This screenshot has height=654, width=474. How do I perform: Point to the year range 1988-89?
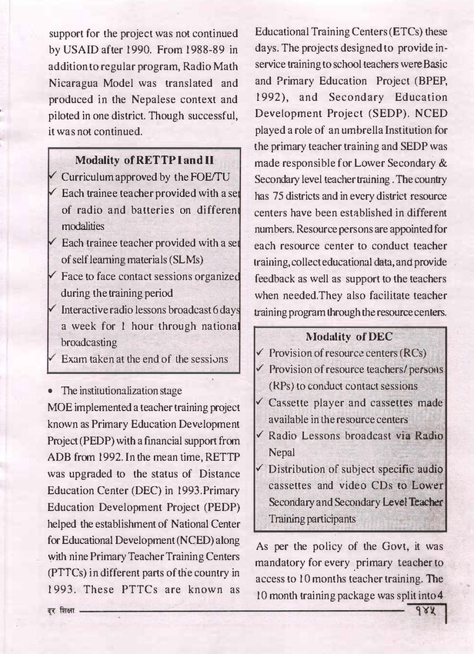point(201,50)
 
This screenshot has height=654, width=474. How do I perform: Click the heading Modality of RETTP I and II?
point(145,161)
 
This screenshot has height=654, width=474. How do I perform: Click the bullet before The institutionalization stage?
point(51,391)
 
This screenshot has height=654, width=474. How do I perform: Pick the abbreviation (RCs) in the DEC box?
point(409,353)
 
